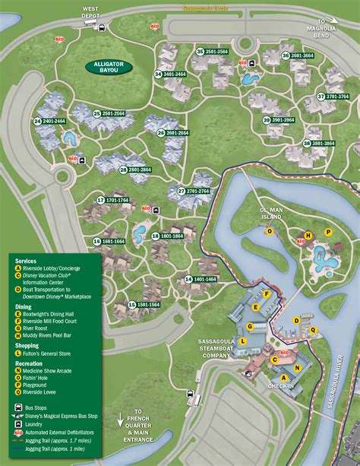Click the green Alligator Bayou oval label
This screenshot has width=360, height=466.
pyautogui.click(x=109, y=66)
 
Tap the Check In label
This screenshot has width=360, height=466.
pyautogui.click(x=280, y=386)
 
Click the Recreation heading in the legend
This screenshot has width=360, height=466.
pyautogui.click(x=32, y=363)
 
